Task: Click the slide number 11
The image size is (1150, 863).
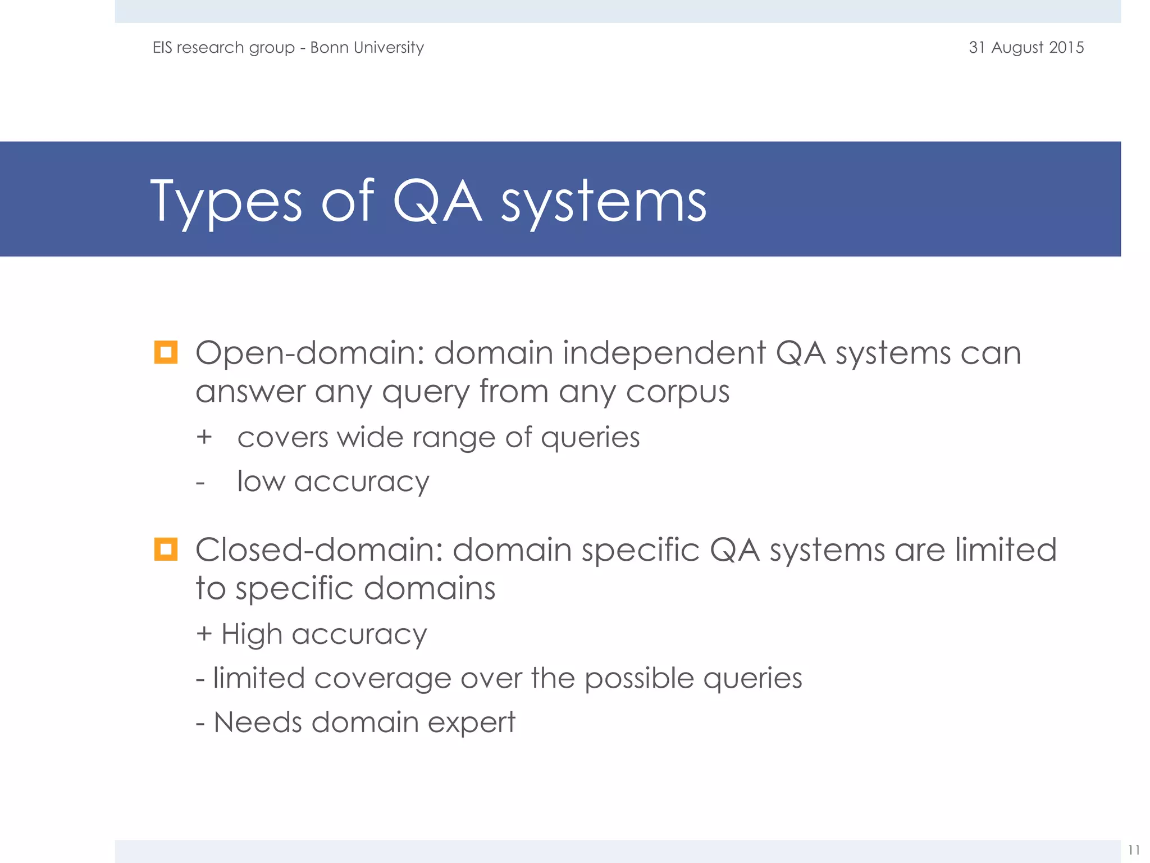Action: click(x=1133, y=850)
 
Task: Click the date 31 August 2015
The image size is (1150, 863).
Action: click(x=1026, y=47)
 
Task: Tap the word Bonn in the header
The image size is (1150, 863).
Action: click(x=328, y=47)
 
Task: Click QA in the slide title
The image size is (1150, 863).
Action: click(x=437, y=201)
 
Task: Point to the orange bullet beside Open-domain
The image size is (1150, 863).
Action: click(x=166, y=352)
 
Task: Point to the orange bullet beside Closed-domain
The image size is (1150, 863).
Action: click(x=166, y=549)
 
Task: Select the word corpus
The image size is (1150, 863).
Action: click(x=677, y=392)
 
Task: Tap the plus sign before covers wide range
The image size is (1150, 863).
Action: click(x=204, y=437)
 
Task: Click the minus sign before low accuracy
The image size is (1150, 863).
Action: click(x=200, y=483)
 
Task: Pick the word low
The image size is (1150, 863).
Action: click(x=261, y=482)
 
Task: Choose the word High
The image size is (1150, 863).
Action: click(x=252, y=635)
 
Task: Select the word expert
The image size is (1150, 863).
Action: click(x=471, y=724)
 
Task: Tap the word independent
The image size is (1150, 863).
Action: click(x=664, y=353)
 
